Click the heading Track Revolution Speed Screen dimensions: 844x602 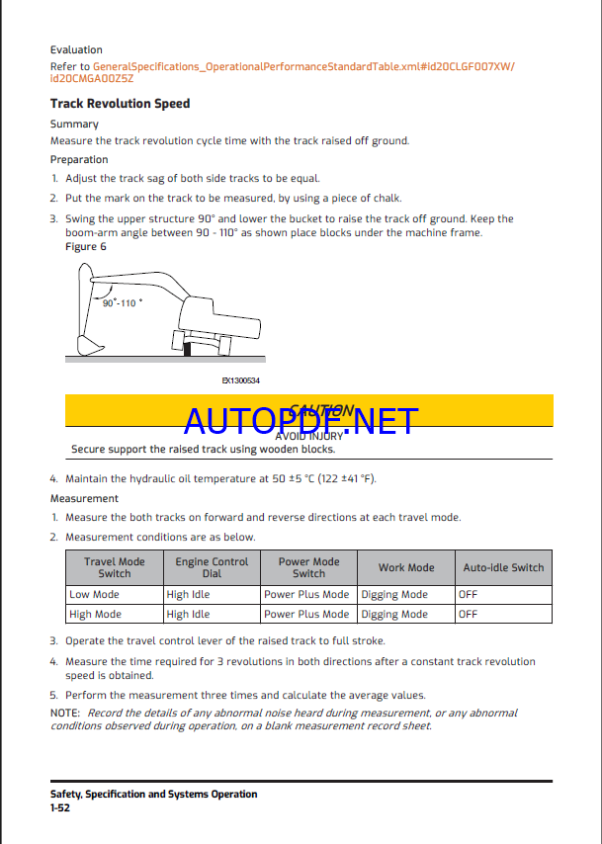120,103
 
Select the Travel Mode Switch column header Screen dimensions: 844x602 114,567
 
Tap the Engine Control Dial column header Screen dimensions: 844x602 212,567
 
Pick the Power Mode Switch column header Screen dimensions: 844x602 308,567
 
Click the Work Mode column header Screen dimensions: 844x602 406,568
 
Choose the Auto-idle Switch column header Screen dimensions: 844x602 503,568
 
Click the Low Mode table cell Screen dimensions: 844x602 94,595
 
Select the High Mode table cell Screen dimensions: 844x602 95,615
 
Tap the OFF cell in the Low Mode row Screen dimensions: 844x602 469,595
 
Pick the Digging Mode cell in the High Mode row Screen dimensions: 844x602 394,615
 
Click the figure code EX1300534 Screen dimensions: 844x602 241,380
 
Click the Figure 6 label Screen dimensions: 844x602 86,246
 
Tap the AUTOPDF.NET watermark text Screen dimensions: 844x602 301,421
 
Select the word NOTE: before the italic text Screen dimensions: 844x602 65,713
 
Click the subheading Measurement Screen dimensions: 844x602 84,499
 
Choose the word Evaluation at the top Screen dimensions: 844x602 76,49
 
